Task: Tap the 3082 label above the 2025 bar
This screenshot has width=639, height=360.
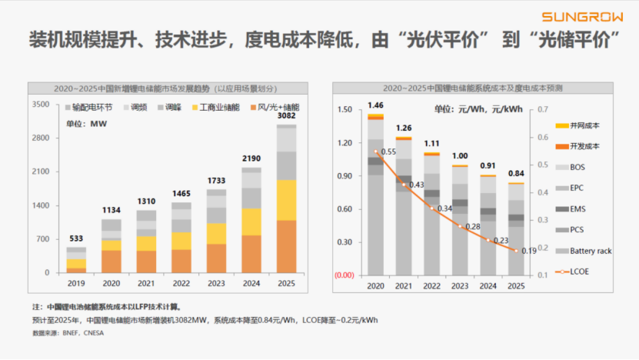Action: (286, 115)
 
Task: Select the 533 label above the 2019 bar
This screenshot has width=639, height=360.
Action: (76, 238)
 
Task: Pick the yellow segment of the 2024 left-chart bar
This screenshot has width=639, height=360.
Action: (251, 222)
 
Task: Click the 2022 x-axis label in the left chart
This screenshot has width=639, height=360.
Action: (181, 283)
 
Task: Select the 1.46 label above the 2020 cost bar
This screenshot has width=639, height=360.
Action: (375, 105)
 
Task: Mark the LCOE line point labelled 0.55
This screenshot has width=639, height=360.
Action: (376, 152)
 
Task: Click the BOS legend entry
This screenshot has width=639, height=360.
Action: (577, 166)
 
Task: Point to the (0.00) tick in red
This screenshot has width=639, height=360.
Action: (344, 275)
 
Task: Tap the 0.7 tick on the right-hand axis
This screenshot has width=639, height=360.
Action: (542, 109)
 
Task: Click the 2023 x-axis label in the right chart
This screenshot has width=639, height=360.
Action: (459, 286)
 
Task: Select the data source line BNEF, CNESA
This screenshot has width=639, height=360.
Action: (68, 333)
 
